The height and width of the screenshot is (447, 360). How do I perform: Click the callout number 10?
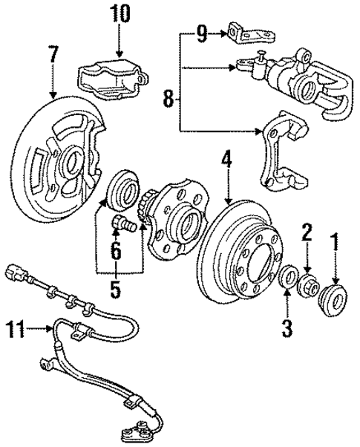120,13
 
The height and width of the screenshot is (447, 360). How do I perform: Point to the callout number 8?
168,97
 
